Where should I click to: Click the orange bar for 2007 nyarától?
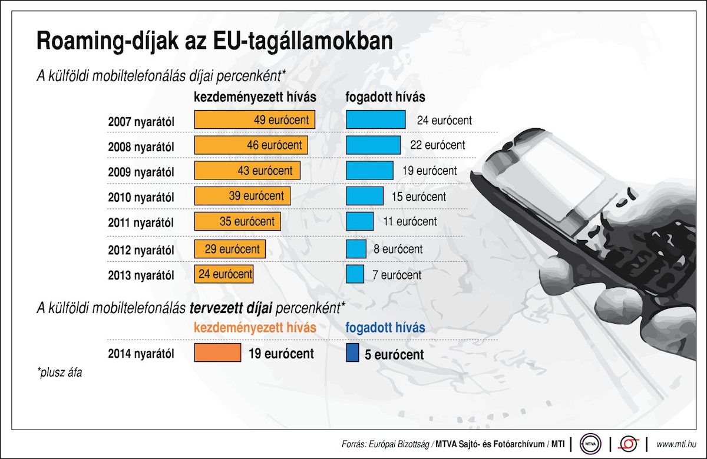255,120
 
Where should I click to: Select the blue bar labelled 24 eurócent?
375,120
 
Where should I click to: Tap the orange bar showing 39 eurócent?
242,196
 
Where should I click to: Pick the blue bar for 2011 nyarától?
359,221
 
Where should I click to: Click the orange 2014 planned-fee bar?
217,353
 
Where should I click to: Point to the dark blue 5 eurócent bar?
352,353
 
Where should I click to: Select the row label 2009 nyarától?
141,172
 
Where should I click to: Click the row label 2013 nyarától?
141,275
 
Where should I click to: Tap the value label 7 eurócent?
397,275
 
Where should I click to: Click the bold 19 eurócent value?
281,354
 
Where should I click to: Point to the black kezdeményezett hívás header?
255,96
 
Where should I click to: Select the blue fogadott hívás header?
385,327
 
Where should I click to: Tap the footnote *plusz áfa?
59,372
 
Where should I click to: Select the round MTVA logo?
590,443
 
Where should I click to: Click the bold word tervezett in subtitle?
213,307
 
